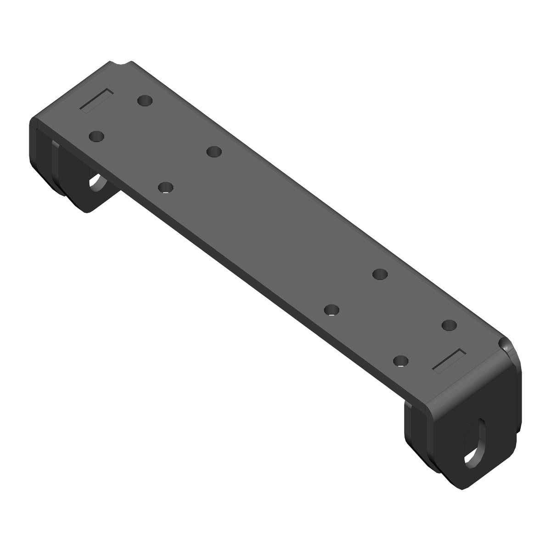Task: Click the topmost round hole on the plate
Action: (x=145, y=100)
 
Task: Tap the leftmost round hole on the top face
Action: (x=96, y=136)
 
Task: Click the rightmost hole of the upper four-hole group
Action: (x=214, y=151)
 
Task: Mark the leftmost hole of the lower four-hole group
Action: (x=331, y=310)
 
